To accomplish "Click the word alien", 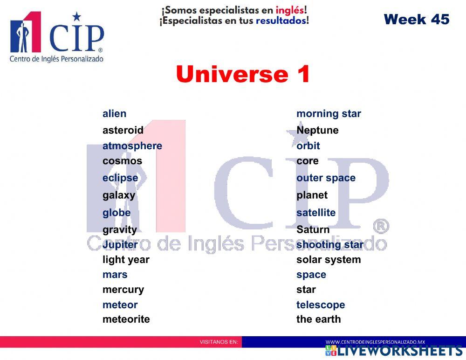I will [114, 113].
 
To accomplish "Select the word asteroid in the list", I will [123, 130].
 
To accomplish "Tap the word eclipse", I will [120, 178].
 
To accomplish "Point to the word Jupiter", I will [120, 245].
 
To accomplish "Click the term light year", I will [126, 260].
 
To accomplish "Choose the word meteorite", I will [126, 319].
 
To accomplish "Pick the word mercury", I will [123, 290].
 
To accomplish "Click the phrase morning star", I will [329, 113].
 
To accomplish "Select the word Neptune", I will [317, 130].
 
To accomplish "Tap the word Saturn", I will [313, 229].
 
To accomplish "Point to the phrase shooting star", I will [330, 245].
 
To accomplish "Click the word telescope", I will [321, 305].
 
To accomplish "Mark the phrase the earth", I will [318, 319].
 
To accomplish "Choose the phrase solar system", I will [329, 260].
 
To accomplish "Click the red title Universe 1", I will [243, 74].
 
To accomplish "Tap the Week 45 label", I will [416, 19].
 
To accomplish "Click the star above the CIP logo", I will [76, 17].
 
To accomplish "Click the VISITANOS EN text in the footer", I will [219, 342].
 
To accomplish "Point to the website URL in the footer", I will [375, 342].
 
